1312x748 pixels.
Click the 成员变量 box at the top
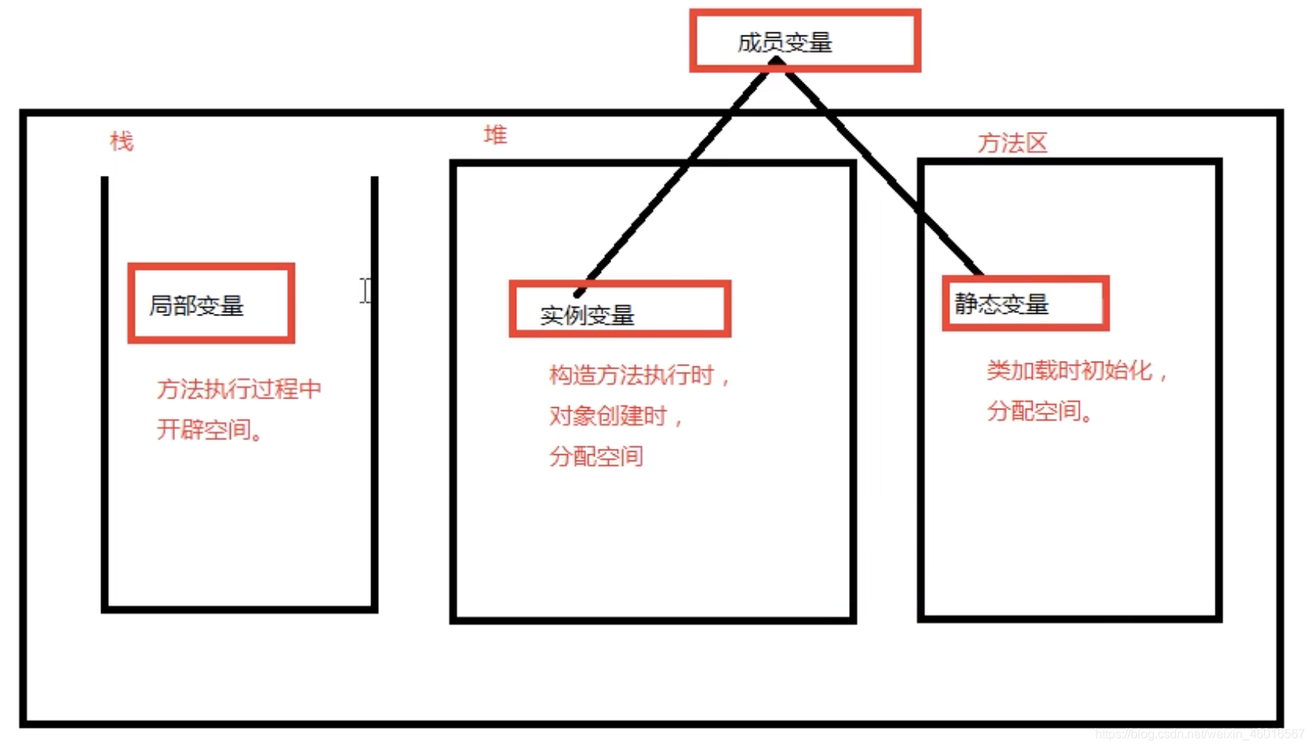804,42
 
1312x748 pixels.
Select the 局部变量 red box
211,304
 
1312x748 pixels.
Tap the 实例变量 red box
620,309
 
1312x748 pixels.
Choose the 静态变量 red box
1025,304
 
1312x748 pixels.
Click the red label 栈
122,141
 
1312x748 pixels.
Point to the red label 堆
495,135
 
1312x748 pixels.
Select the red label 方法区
1012,143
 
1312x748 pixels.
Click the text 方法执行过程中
239,389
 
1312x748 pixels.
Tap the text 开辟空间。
210,430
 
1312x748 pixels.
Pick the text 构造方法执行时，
639,376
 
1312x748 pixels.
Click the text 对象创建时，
616,416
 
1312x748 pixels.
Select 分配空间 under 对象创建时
596,457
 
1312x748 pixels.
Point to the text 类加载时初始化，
1077,371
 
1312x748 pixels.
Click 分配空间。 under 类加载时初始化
1040,412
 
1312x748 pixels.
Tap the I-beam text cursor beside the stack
366,291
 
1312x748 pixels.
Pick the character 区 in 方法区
1036,143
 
